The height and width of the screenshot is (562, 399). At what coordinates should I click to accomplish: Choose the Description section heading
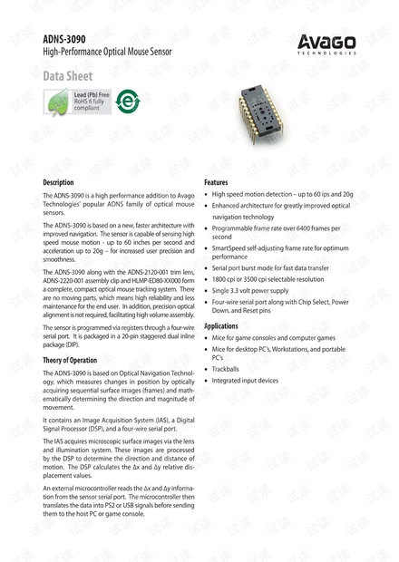(x=59, y=182)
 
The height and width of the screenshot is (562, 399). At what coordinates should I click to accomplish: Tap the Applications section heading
(x=228, y=325)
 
